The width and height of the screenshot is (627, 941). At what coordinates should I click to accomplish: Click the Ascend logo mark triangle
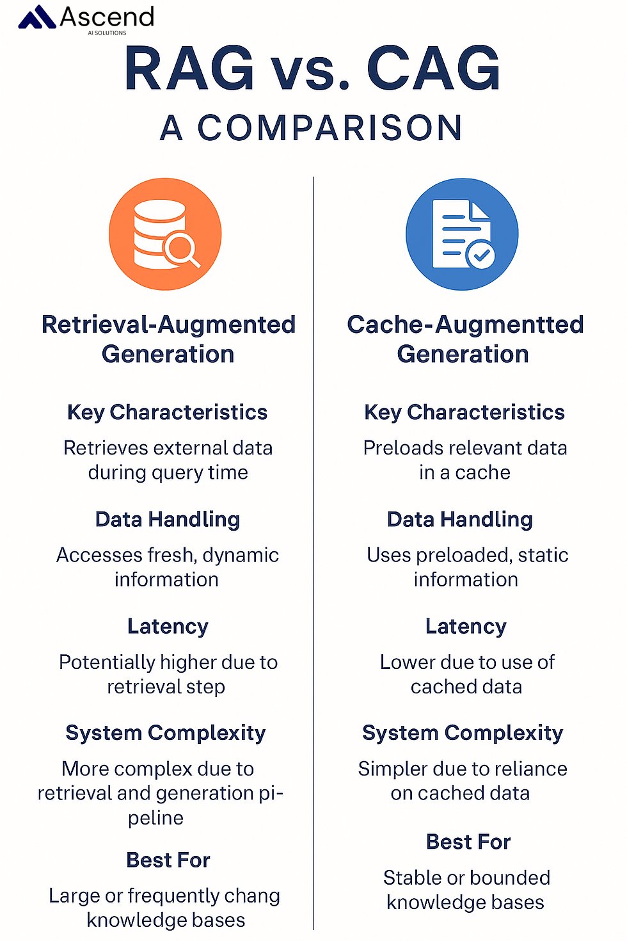37,17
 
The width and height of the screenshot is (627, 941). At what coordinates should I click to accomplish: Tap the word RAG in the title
189,68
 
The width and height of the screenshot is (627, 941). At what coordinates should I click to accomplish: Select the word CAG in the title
434,68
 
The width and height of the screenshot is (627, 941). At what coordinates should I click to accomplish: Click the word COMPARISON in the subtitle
329,128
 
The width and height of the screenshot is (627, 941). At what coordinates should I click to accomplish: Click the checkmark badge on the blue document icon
481,254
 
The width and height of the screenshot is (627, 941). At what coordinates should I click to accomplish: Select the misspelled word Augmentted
509,325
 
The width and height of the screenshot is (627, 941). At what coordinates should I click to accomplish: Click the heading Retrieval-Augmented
169,325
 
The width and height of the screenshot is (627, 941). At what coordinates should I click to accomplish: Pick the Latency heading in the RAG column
168,626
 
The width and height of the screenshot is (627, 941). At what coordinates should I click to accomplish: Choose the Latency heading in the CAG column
466,626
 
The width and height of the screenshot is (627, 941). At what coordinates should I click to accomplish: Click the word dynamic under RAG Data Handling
241,556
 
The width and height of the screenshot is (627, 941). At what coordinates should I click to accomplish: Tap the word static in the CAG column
543,556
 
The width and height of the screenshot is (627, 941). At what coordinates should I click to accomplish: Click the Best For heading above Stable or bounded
468,842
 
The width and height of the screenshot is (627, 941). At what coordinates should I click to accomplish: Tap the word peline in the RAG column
156,819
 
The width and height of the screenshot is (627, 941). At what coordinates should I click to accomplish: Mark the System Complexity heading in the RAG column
166,734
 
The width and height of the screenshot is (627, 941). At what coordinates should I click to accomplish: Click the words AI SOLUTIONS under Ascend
107,33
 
